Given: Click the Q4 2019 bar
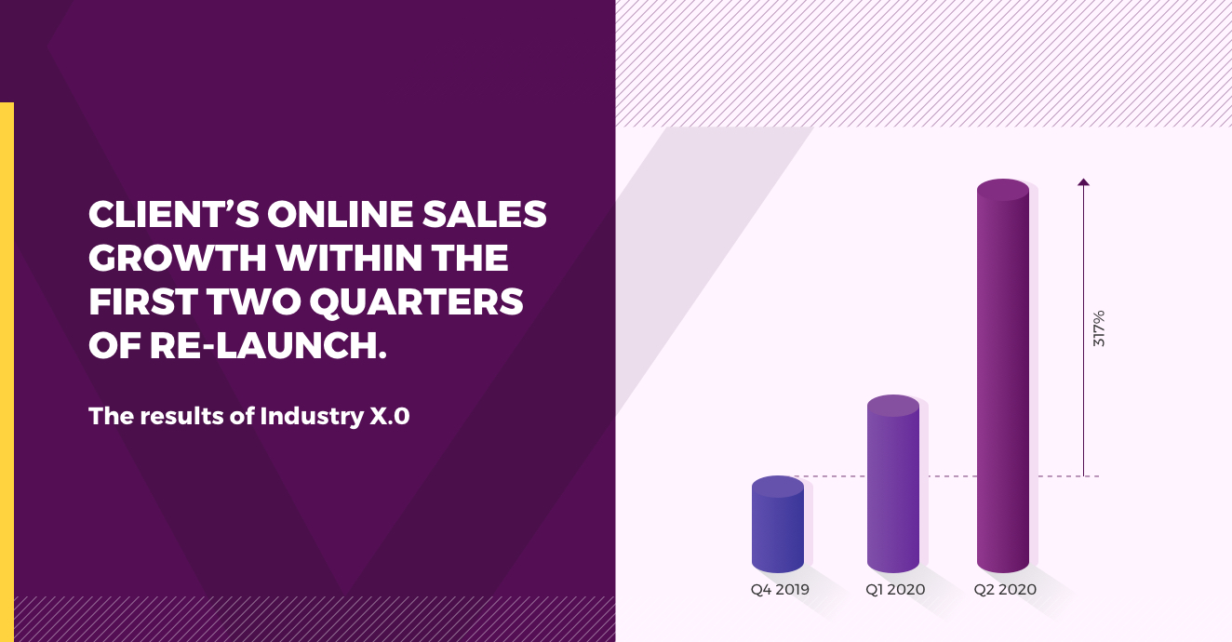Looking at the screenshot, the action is tap(778, 524).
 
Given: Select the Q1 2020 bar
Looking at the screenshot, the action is tap(893, 484).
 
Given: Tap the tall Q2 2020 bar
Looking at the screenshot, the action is tap(1003, 376).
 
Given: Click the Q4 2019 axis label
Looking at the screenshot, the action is tap(780, 590).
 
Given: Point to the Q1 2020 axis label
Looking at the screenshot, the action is tap(895, 590).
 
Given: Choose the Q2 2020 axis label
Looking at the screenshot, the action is tap(1005, 590).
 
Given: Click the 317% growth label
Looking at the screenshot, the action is tap(1099, 328).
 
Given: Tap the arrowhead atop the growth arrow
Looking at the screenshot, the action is tap(1083, 182).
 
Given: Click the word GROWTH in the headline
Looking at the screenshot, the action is tap(178, 258).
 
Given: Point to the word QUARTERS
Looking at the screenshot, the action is tap(416, 302).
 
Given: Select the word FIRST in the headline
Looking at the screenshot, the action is tap(143, 301).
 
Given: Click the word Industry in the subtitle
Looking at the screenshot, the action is tap(312, 416).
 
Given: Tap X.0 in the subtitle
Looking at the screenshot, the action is tap(389, 417).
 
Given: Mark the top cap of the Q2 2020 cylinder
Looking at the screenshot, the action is tap(1003, 190).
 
